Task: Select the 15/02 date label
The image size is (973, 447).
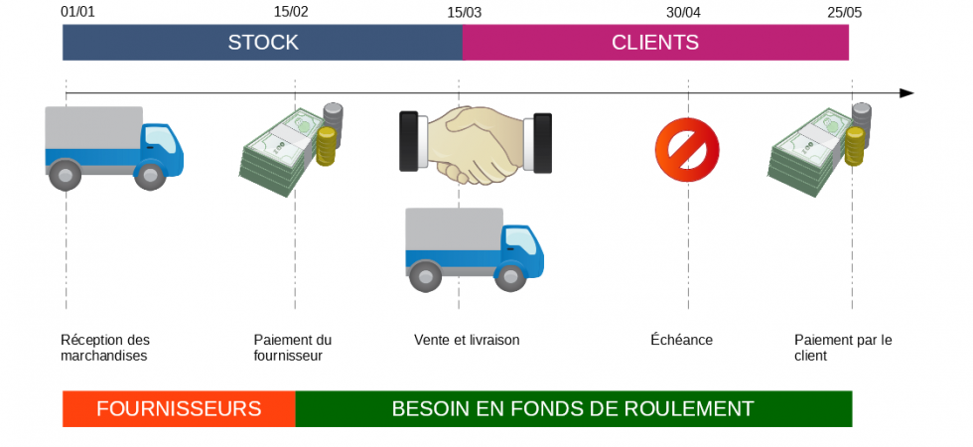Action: (x=291, y=12)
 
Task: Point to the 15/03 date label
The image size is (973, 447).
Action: (x=464, y=12)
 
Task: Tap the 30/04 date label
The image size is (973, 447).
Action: (x=683, y=12)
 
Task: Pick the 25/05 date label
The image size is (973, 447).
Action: (x=845, y=12)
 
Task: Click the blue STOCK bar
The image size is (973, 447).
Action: (x=262, y=43)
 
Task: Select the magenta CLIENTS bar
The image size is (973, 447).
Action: (x=655, y=43)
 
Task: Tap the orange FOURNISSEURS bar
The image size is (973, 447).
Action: (x=179, y=408)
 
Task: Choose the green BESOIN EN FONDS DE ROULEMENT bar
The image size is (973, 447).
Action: (x=573, y=408)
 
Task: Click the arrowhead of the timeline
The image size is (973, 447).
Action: (x=905, y=93)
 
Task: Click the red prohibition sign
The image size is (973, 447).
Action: (x=687, y=150)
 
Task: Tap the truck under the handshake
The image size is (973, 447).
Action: (x=474, y=248)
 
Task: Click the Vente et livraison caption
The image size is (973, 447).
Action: (x=467, y=340)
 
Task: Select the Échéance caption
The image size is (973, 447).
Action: (x=681, y=340)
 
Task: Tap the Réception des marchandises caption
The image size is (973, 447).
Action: (x=104, y=348)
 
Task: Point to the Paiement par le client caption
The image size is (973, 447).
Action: (x=842, y=348)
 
